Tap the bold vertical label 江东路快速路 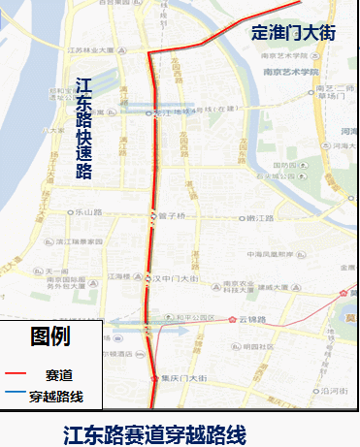84,129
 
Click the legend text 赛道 57,374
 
